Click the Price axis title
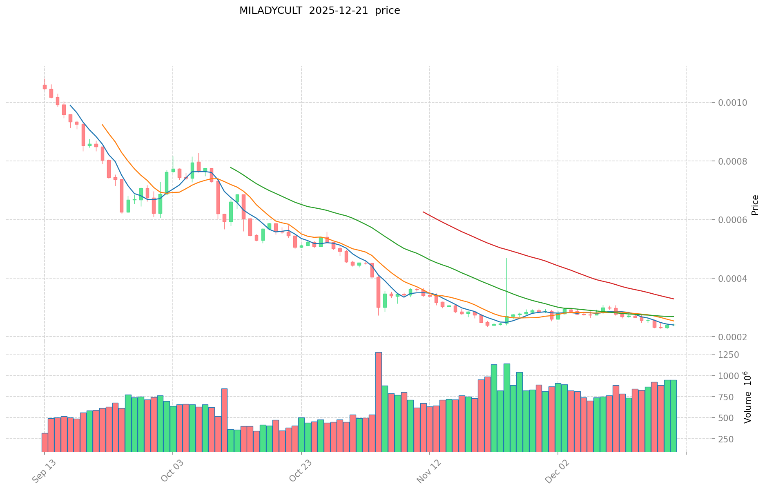tap(755, 205)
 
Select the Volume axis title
tap(747, 397)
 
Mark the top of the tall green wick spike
tap(506, 258)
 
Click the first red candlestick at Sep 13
tap(45, 87)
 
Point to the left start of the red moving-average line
tap(423, 212)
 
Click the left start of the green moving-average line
tap(231, 167)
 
